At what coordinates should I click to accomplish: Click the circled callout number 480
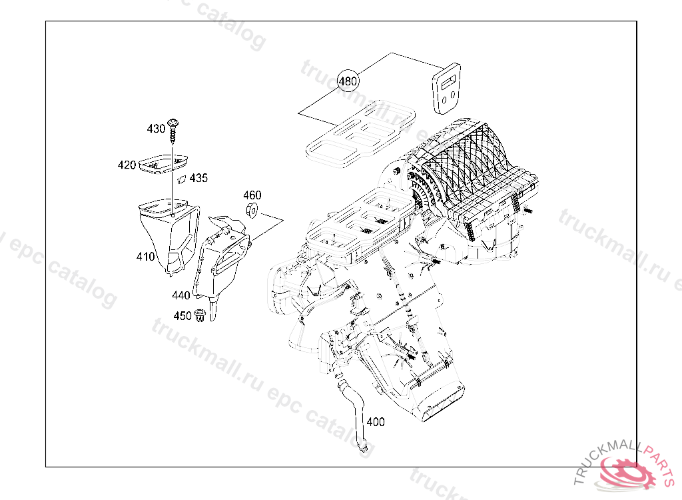pyautogui.click(x=348, y=81)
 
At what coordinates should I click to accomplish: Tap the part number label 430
pyautogui.click(x=156, y=129)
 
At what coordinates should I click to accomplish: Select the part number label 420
pyautogui.click(x=127, y=165)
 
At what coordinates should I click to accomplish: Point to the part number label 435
pyautogui.click(x=198, y=178)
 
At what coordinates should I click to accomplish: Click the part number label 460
pyautogui.click(x=252, y=195)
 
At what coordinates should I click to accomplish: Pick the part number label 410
pyautogui.click(x=145, y=257)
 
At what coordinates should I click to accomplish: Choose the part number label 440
pyautogui.click(x=181, y=295)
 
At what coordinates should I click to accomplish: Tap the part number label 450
pyautogui.click(x=182, y=316)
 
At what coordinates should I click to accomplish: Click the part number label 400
pyautogui.click(x=376, y=422)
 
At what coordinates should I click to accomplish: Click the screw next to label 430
pyautogui.click(x=174, y=129)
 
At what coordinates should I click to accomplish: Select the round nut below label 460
pyautogui.click(x=252, y=211)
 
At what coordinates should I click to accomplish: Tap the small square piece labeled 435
pyautogui.click(x=181, y=178)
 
